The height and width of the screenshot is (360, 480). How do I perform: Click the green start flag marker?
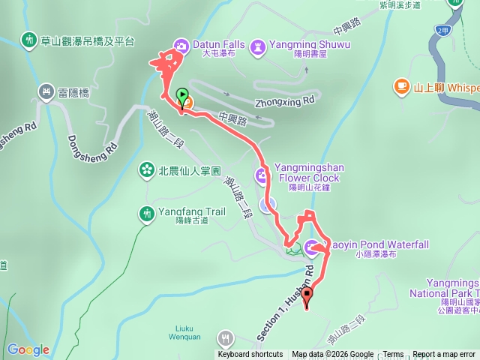[x=181, y=95]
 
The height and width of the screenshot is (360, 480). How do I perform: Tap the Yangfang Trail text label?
[x=191, y=212]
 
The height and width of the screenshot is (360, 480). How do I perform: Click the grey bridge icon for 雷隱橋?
[x=46, y=91]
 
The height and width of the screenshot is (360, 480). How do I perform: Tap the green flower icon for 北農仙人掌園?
[x=146, y=170]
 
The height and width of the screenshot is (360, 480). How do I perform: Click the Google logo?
[x=28, y=349]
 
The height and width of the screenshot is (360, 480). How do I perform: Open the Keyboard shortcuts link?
[x=250, y=355]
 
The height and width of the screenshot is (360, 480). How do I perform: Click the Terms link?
[x=393, y=355]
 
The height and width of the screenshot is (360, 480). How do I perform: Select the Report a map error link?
[x=444, y=355]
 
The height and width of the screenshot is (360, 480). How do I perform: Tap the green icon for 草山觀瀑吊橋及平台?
[x=29, y=39]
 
